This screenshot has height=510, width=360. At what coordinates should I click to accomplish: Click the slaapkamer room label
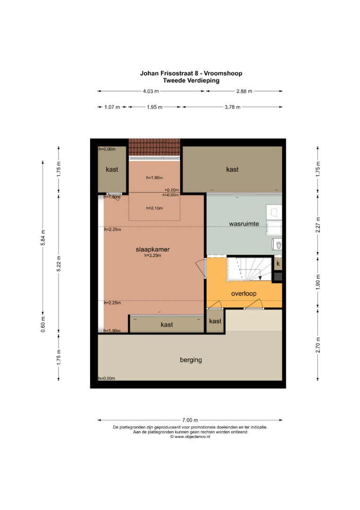coord(153,249)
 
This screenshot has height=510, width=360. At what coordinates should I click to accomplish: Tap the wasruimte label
coord(244,224)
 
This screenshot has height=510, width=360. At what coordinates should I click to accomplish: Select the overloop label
coord(243,293)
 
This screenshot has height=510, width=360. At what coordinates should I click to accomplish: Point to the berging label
coord(191,360)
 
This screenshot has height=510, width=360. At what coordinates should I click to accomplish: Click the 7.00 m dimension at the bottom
coord(190,420)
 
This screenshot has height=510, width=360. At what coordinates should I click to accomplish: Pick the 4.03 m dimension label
coord(151,91)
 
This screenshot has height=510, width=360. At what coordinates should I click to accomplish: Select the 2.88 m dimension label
coord(244,91)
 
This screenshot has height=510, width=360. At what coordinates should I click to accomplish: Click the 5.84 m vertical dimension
coord(43,238)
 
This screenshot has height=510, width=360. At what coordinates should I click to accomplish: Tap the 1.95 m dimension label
coord(154,107)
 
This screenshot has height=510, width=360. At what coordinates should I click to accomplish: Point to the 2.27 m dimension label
coord(318,225)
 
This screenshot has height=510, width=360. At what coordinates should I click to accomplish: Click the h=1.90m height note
coord(154,178)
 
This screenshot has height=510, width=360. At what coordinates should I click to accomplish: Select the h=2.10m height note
coord(154,208)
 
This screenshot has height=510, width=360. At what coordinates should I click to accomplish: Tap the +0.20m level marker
coord(172,190)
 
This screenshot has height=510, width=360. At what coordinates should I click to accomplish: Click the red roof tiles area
coord(154,147)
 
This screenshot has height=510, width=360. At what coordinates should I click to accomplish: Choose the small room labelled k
coord(278,264)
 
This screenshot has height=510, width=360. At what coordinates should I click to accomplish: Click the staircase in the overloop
coord(249,269)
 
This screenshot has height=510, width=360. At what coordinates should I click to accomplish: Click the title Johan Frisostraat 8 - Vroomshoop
coord(191,73)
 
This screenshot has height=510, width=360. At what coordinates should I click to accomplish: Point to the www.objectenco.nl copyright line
coord(190,437)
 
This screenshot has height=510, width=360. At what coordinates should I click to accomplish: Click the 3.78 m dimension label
coord(232,107)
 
